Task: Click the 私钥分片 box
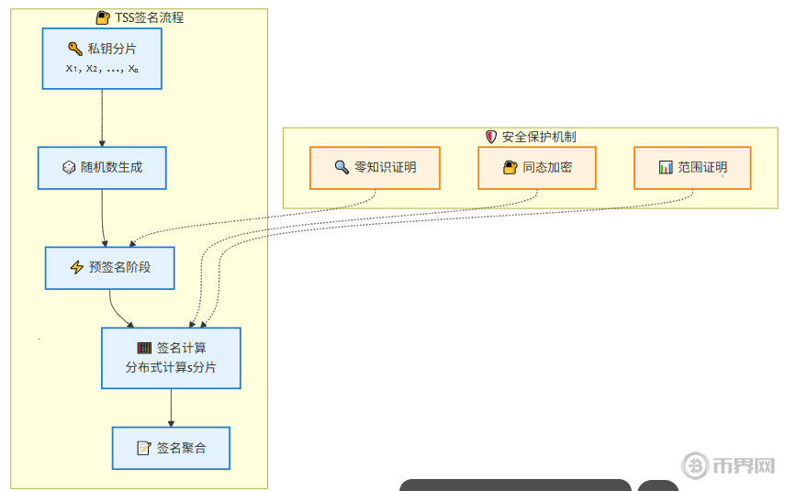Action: (x=102, y=59)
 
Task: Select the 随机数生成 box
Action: (x=102, y=168)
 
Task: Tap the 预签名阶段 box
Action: (x=109, y=268)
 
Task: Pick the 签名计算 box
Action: (x=171, y=358)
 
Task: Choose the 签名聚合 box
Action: (x=171, y=448)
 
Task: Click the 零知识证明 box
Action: (x=375, y=167)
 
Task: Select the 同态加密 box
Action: (x=537, y=167)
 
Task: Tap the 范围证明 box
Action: (x=692, y=167)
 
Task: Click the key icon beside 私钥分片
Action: (x=74, y=49)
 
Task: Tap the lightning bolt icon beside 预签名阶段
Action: (x=77, y=268)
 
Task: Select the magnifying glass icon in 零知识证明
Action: (x=341, y=167)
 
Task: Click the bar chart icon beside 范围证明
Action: (x=666, y=167)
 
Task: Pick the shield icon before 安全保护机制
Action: (x=491, y=137)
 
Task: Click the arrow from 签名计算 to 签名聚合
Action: (x=171, y=407)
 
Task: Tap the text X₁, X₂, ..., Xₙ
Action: (x=102, y=69)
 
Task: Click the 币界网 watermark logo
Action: (x=729, y=464)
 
